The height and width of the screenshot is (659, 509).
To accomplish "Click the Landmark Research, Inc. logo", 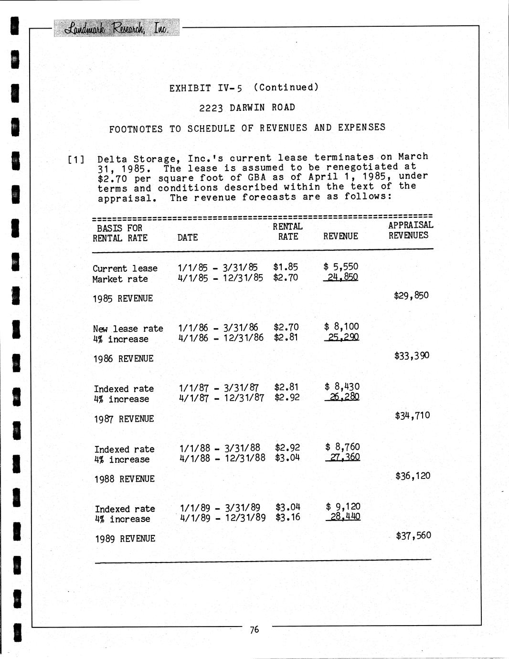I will coord(117,28).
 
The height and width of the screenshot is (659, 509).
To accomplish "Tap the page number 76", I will coord(254,629).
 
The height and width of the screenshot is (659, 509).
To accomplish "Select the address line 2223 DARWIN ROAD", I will coord(247,107).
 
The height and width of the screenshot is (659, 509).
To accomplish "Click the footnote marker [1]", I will coord(76,159).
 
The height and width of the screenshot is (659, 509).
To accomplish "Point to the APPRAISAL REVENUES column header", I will coord(410,230).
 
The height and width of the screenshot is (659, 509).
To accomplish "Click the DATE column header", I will coord(187,237).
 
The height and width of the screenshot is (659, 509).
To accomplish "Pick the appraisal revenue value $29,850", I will coord(411,295).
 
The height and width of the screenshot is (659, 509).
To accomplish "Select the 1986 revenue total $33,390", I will coord(412,355).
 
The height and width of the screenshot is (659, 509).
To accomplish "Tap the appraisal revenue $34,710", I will coord(412,415).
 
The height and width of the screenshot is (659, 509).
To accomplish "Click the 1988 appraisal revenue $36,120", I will coord(413,476).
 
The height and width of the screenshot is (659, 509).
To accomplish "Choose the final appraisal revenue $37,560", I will coord(413,535).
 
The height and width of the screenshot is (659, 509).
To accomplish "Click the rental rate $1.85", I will coord(286,267).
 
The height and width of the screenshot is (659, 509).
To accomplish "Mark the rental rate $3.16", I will coord(288,517).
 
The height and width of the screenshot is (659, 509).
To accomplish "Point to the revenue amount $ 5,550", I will coord(340,266).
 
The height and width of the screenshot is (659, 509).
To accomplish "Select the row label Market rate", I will coord(120,279).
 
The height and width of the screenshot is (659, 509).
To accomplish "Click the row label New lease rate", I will coord(128,329).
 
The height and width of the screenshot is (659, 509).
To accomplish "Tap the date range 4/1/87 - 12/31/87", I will coord(221,397).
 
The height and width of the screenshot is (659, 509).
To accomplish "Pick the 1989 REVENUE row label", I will coord(125,539).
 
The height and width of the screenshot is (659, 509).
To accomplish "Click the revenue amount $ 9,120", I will coord(343,507).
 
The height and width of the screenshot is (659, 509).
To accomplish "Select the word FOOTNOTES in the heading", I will coord(136,129).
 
